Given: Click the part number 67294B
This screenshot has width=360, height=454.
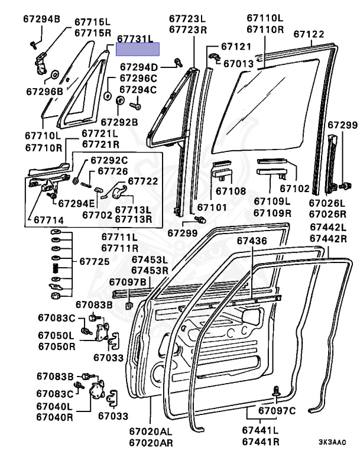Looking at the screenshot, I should tap(42, 20).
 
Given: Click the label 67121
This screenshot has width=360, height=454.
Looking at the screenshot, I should tap(237, 46).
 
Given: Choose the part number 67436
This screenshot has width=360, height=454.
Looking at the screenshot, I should tap(253, 241).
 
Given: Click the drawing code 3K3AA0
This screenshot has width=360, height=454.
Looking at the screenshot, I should tap(332, 442).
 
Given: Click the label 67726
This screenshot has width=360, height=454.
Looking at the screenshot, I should tap(113, 171).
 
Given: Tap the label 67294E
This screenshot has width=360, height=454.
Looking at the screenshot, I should tap(77, 203).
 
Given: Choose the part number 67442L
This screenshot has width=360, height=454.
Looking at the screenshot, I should tap(329, 228).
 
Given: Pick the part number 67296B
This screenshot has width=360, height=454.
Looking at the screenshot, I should tap(44, 91).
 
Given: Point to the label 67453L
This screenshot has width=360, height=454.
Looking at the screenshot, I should tap(150, 260).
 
